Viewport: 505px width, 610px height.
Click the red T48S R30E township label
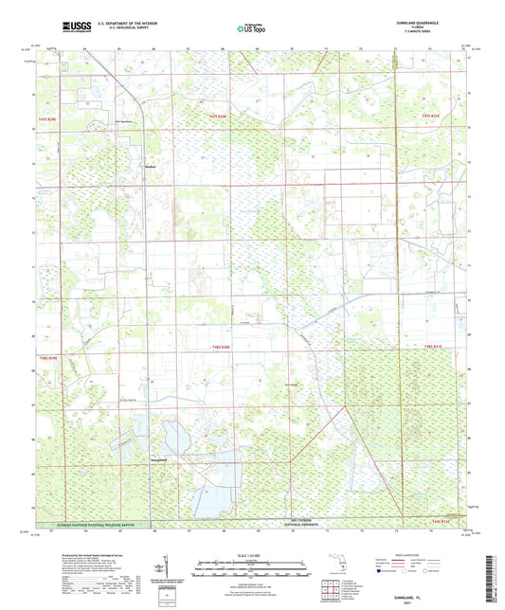click(219, 350)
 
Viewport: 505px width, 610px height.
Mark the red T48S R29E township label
click(49, 358)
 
